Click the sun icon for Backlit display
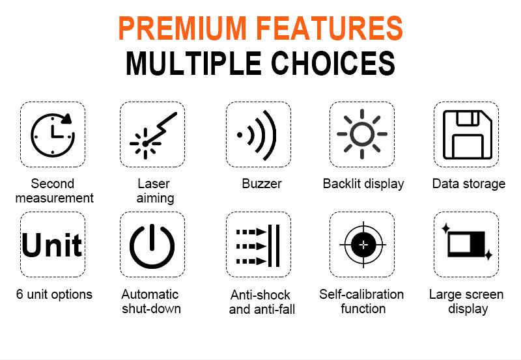point(362,134)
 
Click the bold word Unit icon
point(52,245)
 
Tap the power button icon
point(152,247)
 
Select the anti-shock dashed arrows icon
point(258,246)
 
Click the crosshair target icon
point(363,245)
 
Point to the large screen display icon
point(467,242)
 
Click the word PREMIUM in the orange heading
point(182,28)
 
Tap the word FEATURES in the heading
point(330,28)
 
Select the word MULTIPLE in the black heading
point(193,63)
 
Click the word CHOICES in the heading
point(333,63)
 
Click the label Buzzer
point(262,184)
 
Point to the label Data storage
point(469,184)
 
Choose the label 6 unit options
point(54,295)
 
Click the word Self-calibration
point(361,294)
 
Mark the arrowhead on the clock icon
point(68,118)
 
